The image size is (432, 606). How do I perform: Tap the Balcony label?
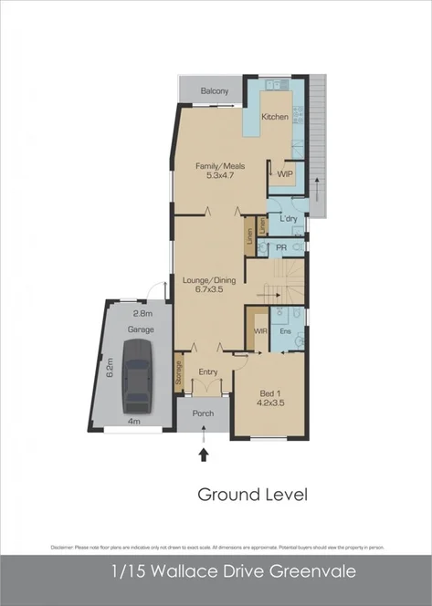(215, 92)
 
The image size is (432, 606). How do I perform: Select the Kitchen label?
(275, 117)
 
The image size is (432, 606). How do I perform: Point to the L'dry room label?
(289, 219)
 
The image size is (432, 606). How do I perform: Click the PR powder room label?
(282, 246)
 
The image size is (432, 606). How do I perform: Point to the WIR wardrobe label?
(259, 330)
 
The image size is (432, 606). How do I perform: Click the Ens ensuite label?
(285, 330)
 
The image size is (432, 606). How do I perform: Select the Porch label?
(204, 413)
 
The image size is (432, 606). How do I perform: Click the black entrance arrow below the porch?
(204, 454)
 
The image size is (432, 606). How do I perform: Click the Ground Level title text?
(253, 495)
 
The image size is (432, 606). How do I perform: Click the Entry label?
(208, 371)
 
